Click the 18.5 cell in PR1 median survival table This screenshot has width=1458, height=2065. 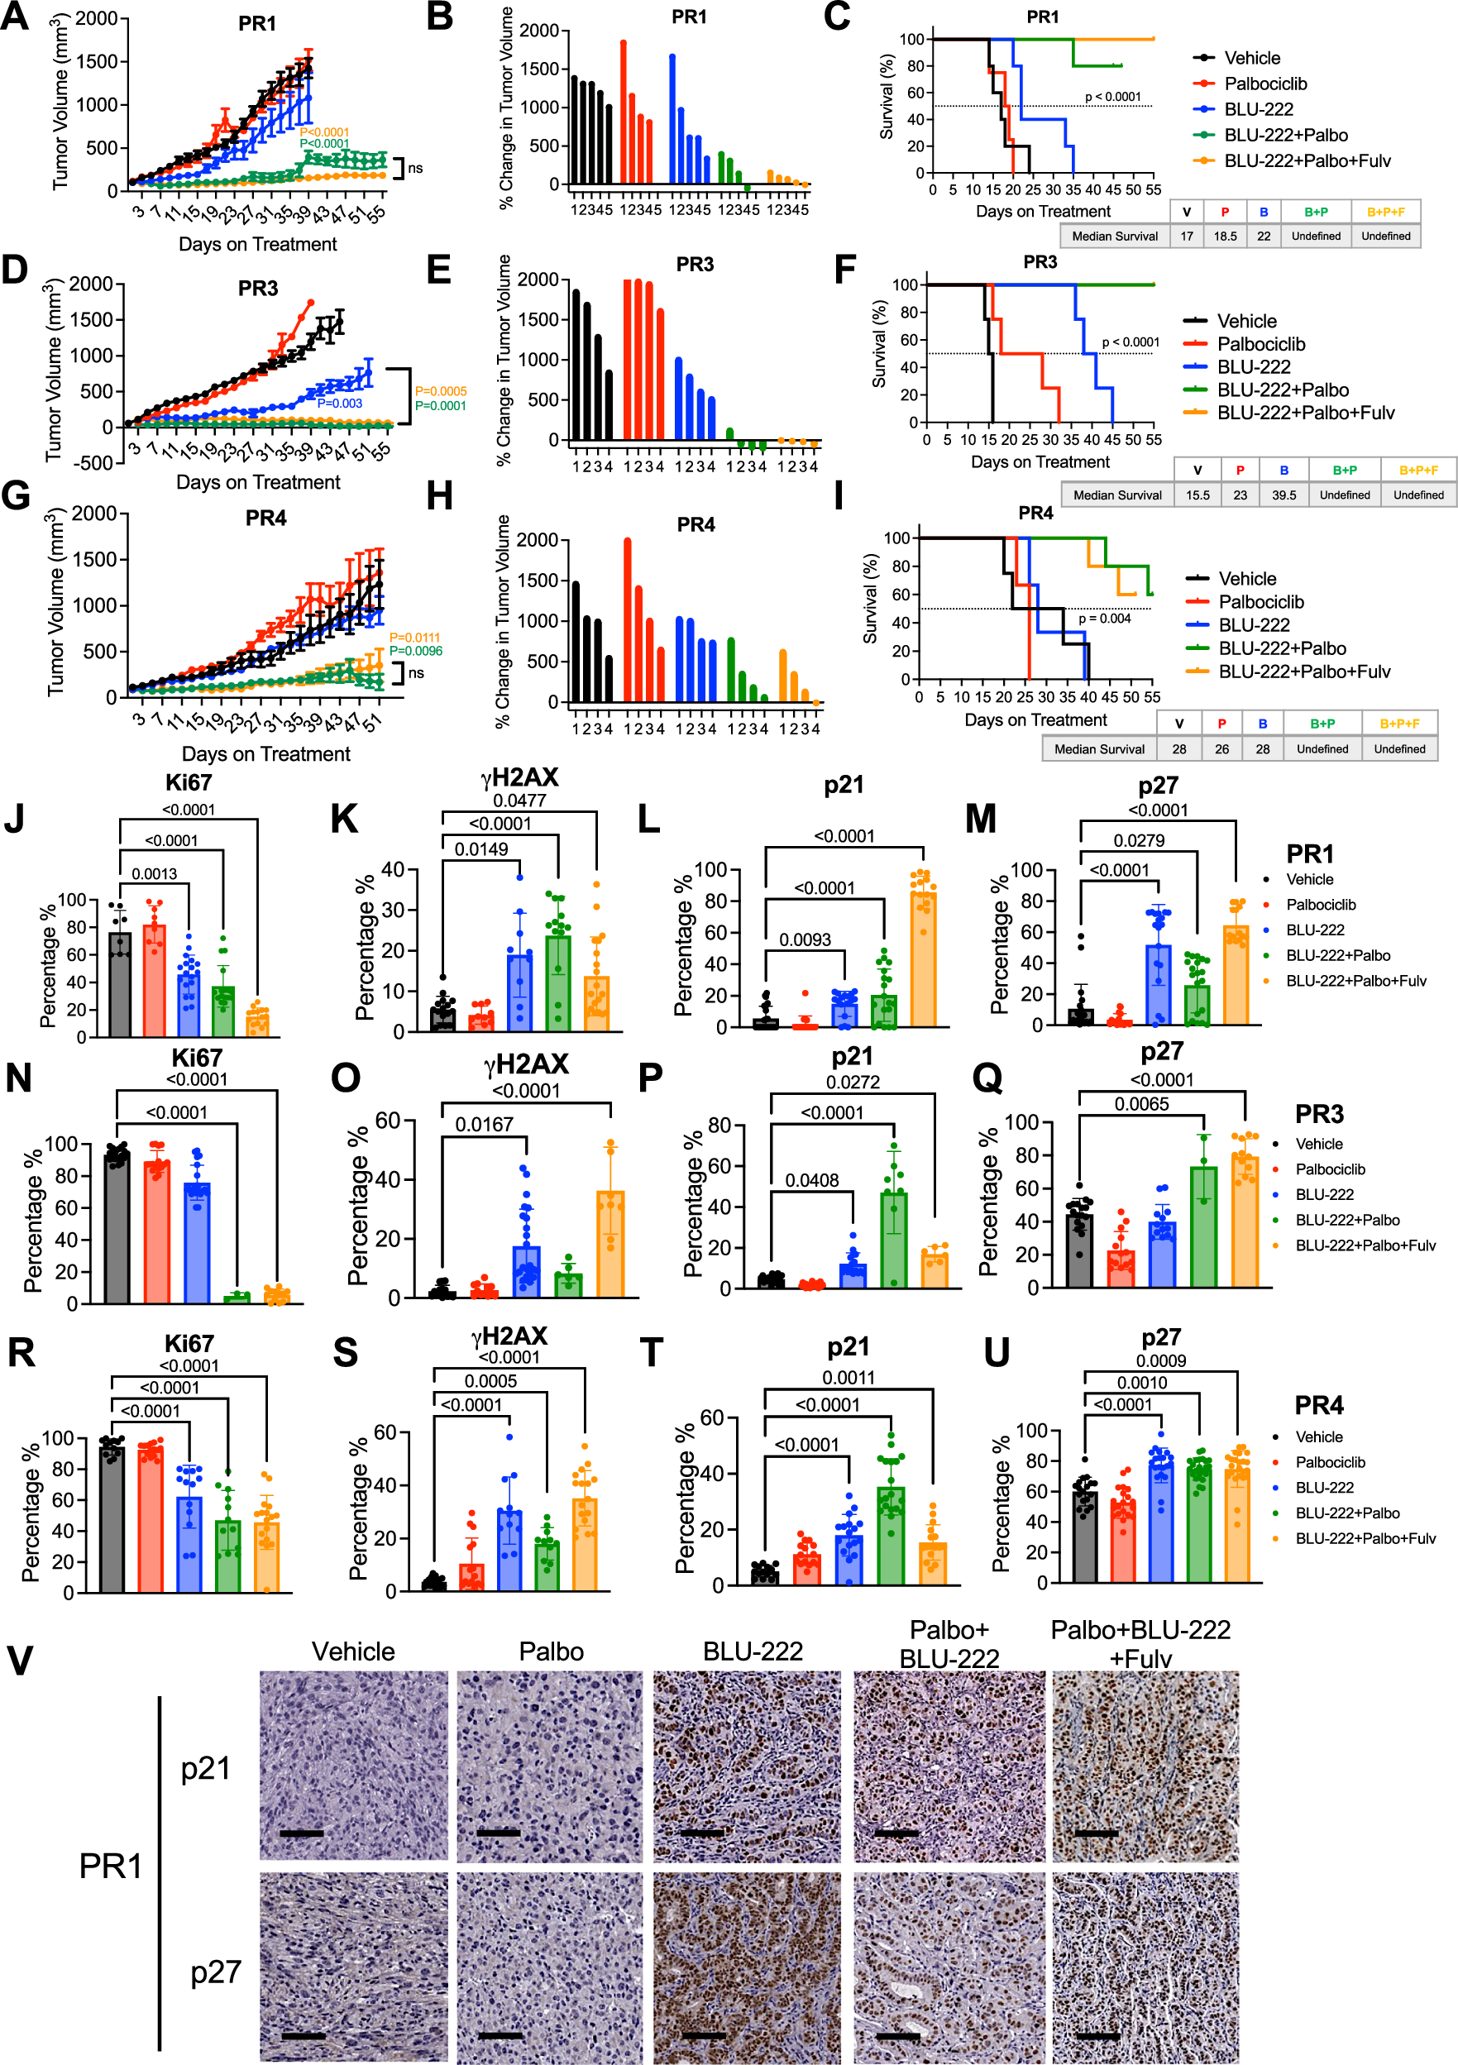(x=1224, y=237)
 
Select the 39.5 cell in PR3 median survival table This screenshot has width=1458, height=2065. (x=1284, y=495)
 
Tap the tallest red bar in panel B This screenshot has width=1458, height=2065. (x=624, y=112)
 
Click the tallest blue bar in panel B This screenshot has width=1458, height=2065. (x=672, y=119)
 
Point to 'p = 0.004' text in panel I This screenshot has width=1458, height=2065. (x=1105, y=619)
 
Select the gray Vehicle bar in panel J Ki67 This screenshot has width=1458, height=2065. (x=120, y=985)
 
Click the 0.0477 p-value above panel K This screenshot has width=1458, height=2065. (x=519, y=801)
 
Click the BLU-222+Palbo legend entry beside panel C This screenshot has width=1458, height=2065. (x=1285, y=135)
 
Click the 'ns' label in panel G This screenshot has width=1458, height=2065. (x=415, y=672)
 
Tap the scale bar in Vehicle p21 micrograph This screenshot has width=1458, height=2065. (x=301, y=1832)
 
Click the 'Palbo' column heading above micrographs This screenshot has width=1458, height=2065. (x=552, y=1652)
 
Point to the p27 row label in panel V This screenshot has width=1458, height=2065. (x=216, y=1972)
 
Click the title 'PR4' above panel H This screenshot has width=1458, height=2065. (x=696, y=524)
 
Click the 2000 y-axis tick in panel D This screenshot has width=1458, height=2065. (x=91, y=284)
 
